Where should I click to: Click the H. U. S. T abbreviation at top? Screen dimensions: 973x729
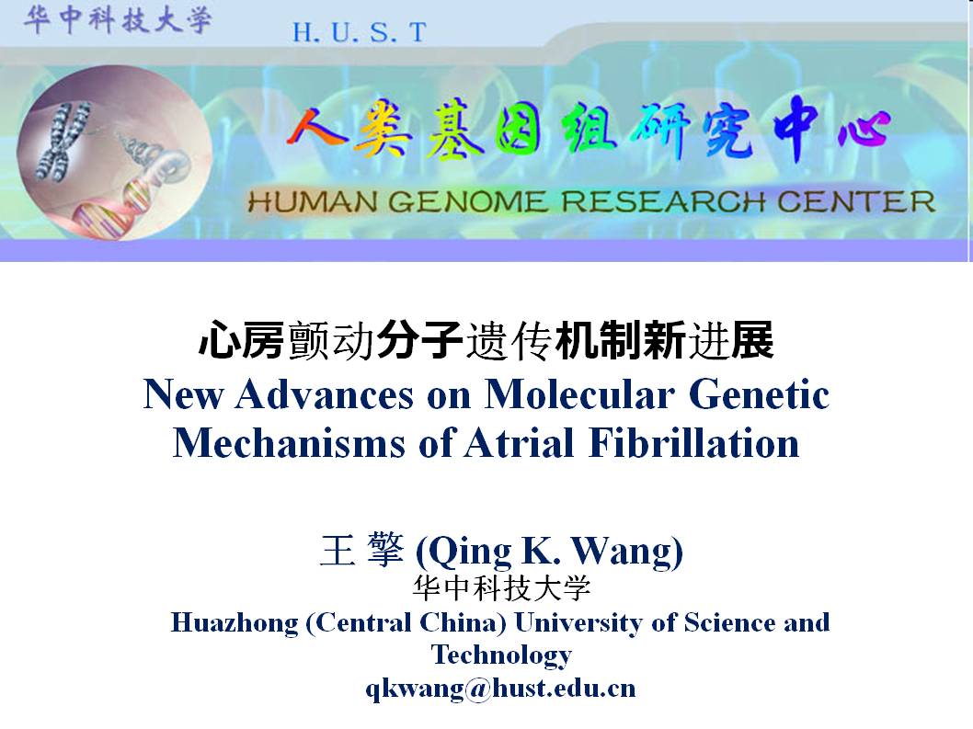click(360, 32)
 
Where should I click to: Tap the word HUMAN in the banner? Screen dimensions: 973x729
click(313, 201)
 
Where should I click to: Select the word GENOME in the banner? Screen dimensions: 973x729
click(468, 201)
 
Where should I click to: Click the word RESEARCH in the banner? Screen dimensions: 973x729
click(663, 201)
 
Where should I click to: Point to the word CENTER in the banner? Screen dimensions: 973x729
click(855, 201)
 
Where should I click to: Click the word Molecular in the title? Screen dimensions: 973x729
click(579, 394)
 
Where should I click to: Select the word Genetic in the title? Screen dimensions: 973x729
click(759, 394)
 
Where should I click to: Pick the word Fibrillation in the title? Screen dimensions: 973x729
click(693, 443)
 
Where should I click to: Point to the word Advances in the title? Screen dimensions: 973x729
click(324, 394)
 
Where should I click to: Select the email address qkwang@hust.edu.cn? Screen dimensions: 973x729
click(500, 689)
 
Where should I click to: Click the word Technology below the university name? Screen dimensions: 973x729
click(501, 655)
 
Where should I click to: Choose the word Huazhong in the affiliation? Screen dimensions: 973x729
click(235, 623)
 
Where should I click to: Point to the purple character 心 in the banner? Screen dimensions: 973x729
click(864, 131)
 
